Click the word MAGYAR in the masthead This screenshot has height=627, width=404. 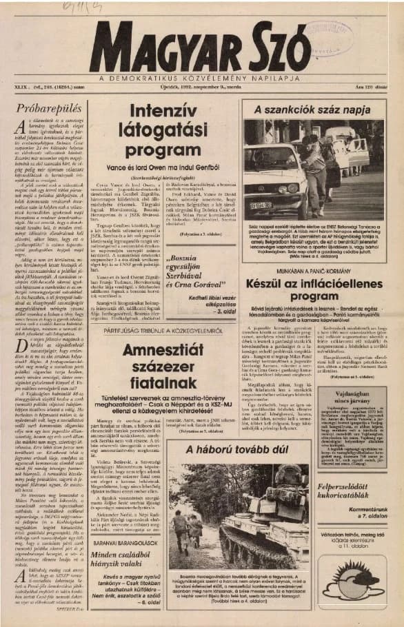coord(163,47)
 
